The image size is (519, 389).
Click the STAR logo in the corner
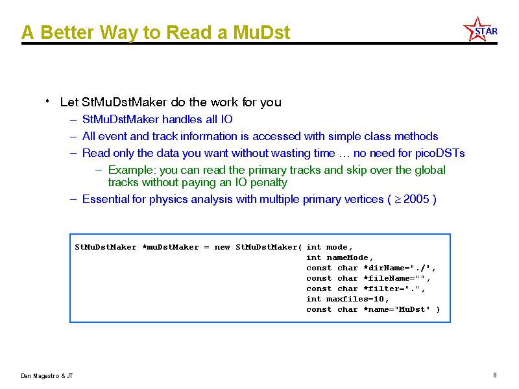[x=480, y=29]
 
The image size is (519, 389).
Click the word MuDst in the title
[x=261, y=32]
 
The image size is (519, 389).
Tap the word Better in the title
[x=67, y=32]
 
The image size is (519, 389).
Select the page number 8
[x=495, y=375]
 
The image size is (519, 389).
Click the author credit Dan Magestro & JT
[x=47, y=376]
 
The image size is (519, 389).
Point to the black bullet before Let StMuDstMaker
[x=47, y=100]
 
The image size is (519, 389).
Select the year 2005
[x=416, y=199]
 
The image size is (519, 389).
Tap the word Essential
[x=106, y=199]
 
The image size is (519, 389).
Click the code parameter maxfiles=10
[x=355, y=299]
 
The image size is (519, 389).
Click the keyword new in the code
[x=222, y=247]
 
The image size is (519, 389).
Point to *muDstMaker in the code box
[x=171, y=247]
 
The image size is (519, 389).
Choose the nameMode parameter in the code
[x=348, y=257]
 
